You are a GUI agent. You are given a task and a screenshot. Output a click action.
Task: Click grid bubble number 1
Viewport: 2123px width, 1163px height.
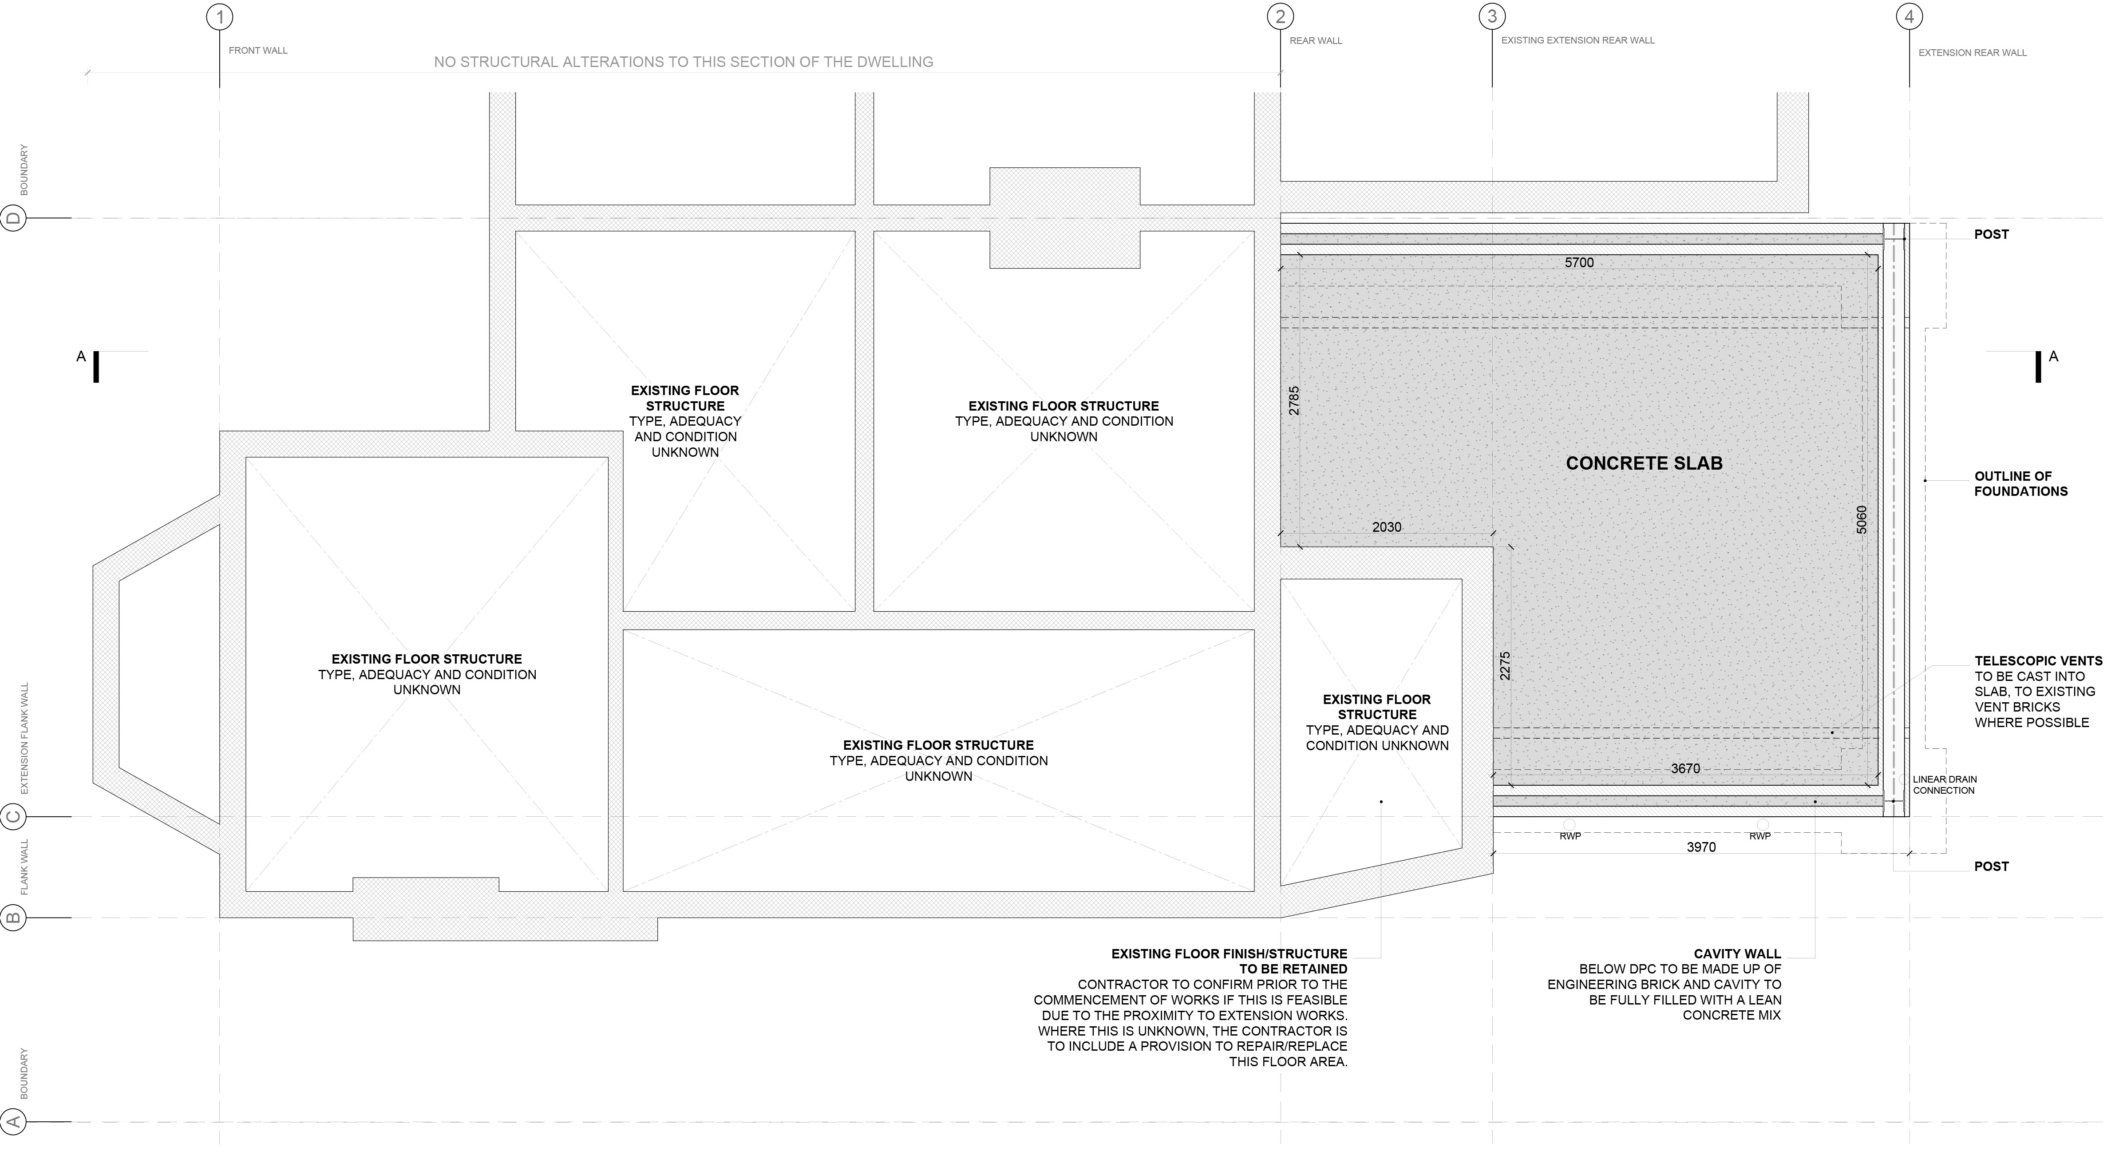[x=219, y=16]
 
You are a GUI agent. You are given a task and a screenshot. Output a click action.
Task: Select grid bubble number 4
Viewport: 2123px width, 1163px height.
[x=1910, y=16]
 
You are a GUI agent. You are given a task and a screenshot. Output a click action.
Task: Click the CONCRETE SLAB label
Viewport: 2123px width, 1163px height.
[x=1644, y=463]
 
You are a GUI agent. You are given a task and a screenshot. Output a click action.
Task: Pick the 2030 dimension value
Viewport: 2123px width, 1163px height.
[x=1386, y=527]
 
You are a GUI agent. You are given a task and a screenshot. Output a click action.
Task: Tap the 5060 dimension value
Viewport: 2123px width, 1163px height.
[x=1862, y=519]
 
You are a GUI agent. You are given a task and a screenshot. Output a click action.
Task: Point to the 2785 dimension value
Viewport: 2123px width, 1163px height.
[x=1294, y=400]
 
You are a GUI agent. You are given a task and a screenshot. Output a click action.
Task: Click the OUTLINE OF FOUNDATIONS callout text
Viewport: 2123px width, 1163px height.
[x=2021, y=484]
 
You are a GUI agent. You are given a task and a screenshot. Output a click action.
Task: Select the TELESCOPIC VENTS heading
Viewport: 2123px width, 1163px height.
[x=2038, y=661]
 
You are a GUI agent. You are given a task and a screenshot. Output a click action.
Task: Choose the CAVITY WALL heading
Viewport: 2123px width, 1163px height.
[x=1737, y=953]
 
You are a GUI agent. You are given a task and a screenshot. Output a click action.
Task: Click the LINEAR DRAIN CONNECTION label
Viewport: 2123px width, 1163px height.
[x=1944, y=785]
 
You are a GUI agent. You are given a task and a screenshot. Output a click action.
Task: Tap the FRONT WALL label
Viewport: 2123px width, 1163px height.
[x=258, y=50]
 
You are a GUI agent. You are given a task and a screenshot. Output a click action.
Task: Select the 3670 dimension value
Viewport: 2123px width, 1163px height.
[x=1685, y=768]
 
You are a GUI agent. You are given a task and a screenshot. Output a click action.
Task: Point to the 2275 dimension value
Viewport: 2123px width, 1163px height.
[x=1505, y=666]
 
